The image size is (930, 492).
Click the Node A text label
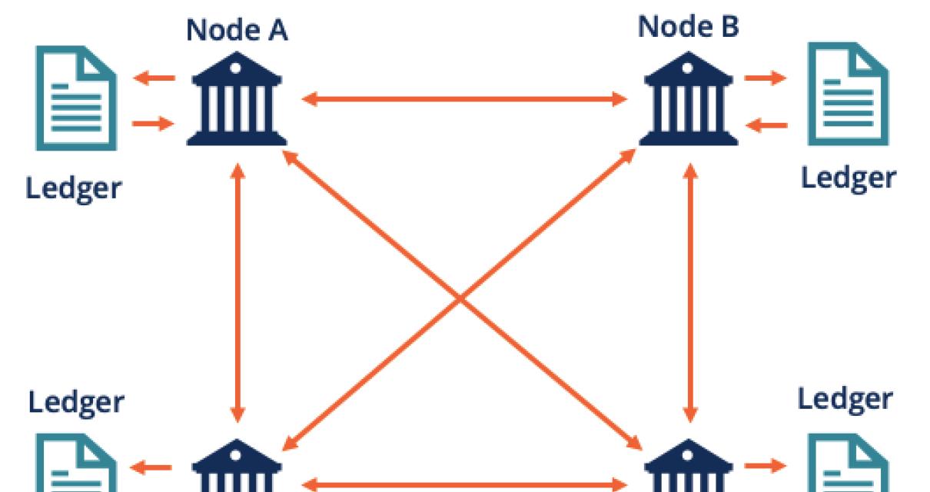pos(237,30)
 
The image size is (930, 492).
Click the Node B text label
pos(688,27)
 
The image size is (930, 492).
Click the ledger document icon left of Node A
pos(75,98)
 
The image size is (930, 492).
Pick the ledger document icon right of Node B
pos(847,95)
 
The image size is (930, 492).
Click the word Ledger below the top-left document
pos(74,188)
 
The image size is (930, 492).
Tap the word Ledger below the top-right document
pos(848,178)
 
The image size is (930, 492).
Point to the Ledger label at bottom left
pos(76,401)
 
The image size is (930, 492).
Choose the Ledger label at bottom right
pos(845,399)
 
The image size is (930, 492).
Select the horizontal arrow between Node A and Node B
pos(463,99)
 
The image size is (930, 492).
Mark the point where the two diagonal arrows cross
pos(461,298)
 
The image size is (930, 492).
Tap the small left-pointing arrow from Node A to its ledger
pos(154,77)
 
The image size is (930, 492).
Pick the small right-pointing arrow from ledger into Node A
pos(154,123)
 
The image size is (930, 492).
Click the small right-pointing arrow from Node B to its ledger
pos(766,78)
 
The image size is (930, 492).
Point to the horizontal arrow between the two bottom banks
pos(463,484)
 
